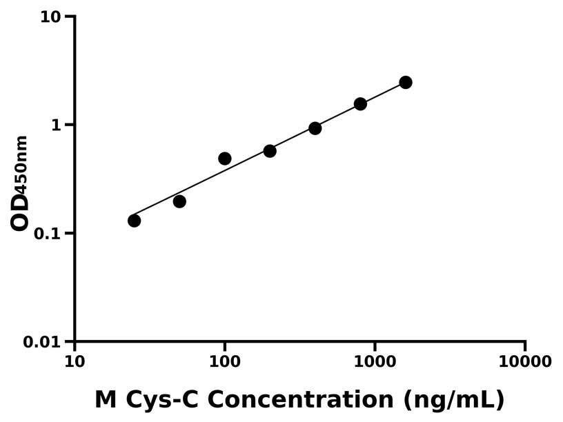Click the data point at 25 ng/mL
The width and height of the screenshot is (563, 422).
pos(134,221)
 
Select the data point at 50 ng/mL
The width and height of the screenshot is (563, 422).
pos(179,201)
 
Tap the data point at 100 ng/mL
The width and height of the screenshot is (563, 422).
pos(225,159)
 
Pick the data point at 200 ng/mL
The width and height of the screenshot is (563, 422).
pos(270,151)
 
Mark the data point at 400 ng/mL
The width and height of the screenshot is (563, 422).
pos(315,128)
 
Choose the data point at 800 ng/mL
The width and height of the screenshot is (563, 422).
pos(360,104)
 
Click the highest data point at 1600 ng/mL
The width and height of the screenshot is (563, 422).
pos(406,83)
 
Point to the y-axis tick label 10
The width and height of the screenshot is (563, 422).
pos(50,17)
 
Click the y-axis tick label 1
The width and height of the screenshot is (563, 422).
pos(57,125)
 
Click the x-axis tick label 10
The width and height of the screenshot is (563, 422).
pos(75,362)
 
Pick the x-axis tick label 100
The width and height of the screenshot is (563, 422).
pos(225,362)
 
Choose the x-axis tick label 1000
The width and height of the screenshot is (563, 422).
pos(375,362)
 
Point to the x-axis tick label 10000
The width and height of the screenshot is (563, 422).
pos(525,362)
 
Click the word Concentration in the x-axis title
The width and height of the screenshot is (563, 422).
pos(307,400)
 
